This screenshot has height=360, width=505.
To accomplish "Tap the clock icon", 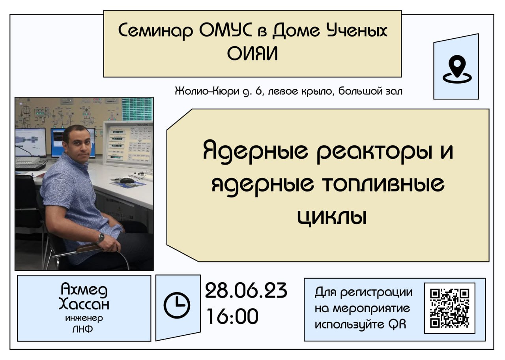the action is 177,305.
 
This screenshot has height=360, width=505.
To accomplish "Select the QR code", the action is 449,308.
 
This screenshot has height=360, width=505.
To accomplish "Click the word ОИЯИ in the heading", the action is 252,53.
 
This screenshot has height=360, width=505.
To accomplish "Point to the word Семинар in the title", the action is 155,31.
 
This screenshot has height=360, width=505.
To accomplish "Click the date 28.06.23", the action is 246,291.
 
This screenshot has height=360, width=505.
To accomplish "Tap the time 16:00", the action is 232,316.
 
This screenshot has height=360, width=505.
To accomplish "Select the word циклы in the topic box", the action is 332,217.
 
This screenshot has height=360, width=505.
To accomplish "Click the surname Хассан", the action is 84,304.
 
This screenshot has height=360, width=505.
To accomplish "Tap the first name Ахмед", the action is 84,289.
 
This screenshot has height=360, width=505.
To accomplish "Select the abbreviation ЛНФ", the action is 82,329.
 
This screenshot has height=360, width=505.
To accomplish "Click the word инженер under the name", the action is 84,318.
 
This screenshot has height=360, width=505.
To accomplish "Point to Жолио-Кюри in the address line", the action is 207,91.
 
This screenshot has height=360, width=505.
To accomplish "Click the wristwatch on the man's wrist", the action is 100,238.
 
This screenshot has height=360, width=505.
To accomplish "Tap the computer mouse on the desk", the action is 127,180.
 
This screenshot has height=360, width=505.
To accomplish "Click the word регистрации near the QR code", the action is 376,292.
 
